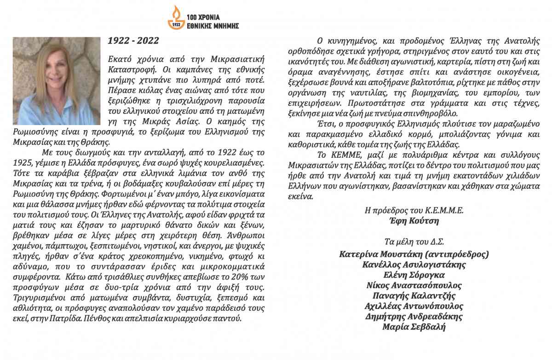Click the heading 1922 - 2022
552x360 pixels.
click(x=133, y=41)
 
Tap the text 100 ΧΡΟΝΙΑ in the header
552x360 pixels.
click(x=204, y=12)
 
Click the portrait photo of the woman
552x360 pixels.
click(x=57, y=81)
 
